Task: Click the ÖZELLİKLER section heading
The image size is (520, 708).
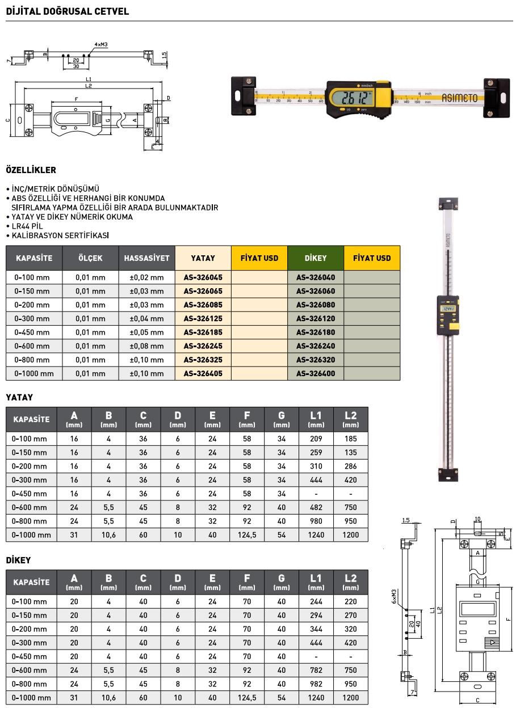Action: [31, 170]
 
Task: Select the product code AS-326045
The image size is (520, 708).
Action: [203, 277]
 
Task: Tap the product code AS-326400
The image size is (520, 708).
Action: [316, 374]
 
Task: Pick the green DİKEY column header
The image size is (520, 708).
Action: [316, 258]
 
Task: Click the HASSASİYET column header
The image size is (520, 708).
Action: [146, 258]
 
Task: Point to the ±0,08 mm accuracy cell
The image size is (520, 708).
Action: [146, 346]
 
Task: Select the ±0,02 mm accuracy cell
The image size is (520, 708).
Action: [146, 277]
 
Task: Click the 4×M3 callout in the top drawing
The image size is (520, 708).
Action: [101, 44]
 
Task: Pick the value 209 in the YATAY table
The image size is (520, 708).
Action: [316, 439]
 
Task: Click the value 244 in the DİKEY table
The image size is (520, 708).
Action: [316, 602]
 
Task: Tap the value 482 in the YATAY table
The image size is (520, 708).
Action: [316, 508]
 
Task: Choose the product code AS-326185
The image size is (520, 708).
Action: [203, 332]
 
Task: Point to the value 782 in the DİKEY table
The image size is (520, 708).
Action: [316, 671]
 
